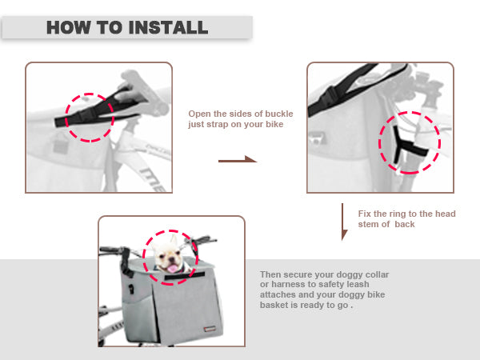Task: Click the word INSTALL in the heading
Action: [168, 27]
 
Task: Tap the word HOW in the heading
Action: [69, 27]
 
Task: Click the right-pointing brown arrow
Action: [238, 159]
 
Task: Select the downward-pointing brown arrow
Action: [344, 222]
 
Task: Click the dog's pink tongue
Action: [173, 269]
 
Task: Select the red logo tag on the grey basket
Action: [210, 329]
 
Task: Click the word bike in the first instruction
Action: [274, 124]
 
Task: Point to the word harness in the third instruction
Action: [287, 284]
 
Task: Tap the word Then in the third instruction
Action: [270, 274]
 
